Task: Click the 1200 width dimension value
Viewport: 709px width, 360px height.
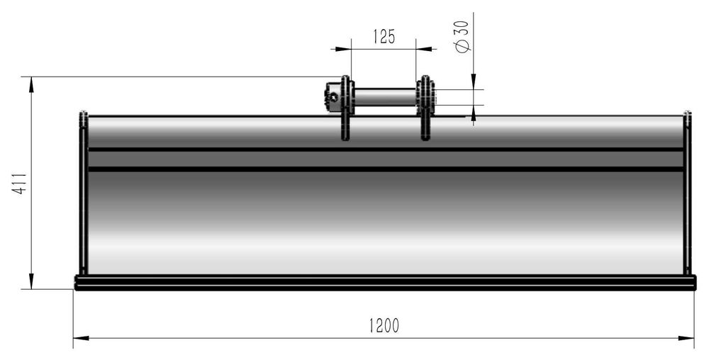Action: pos(384,325)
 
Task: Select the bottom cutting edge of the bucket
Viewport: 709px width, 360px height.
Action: pos(384,283)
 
